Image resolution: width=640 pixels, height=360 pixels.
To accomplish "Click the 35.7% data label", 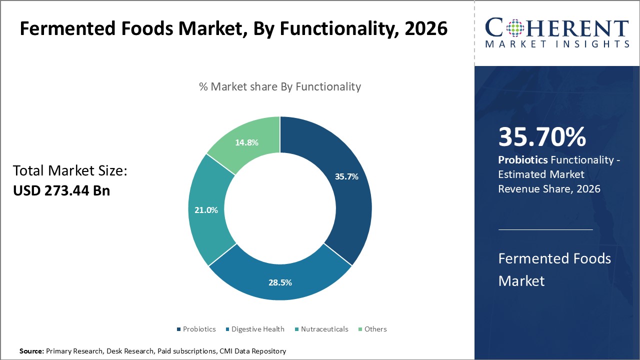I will (346, 176).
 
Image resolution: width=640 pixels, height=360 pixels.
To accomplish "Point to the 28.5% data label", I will (280, 282).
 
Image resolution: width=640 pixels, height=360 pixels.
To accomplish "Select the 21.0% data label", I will (206, 210).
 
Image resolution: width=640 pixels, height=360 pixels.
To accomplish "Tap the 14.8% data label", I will (246, 142).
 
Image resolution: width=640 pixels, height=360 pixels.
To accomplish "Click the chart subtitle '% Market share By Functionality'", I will (280, 86).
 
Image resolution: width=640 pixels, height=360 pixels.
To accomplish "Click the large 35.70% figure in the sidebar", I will (542, 137).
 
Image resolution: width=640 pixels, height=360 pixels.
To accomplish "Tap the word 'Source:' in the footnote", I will (32, 351).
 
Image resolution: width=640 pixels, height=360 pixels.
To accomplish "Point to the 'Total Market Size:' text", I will (70, 171).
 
